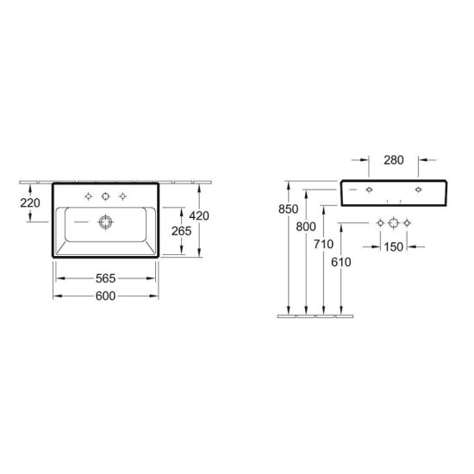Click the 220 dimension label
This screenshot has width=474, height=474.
click(30, 203)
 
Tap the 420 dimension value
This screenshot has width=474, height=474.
click(199, 215)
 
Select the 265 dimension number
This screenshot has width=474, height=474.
click(181, 231)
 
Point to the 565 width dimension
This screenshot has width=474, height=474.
click(105, 278)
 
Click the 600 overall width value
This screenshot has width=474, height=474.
click(105, 296)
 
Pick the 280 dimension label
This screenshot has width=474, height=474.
click(394, 160)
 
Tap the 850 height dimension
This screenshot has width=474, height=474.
click(289, 209)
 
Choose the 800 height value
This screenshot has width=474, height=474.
click(306, 227)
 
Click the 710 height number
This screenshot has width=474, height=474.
click(323, 244)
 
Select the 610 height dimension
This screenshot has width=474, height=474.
click(341, 262)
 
